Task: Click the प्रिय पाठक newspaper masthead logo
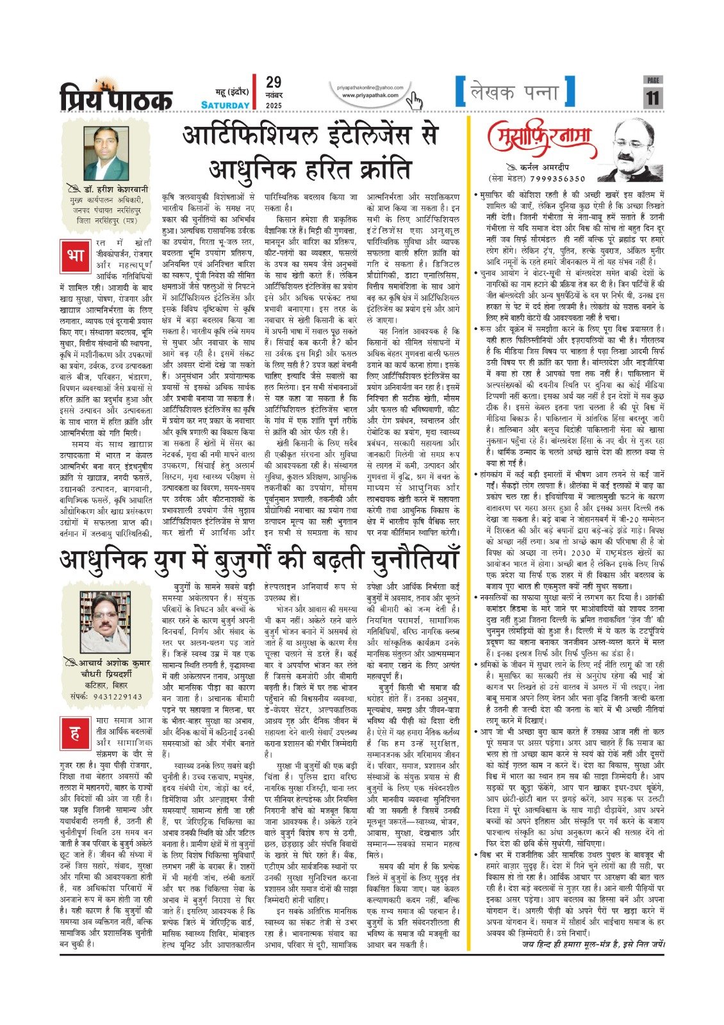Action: pos(116,97)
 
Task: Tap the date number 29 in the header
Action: pos(274,82)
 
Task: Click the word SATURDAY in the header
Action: pos(225,105)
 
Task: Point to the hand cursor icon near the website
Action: pos(416,100)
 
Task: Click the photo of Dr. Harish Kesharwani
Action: pos(106,153)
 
